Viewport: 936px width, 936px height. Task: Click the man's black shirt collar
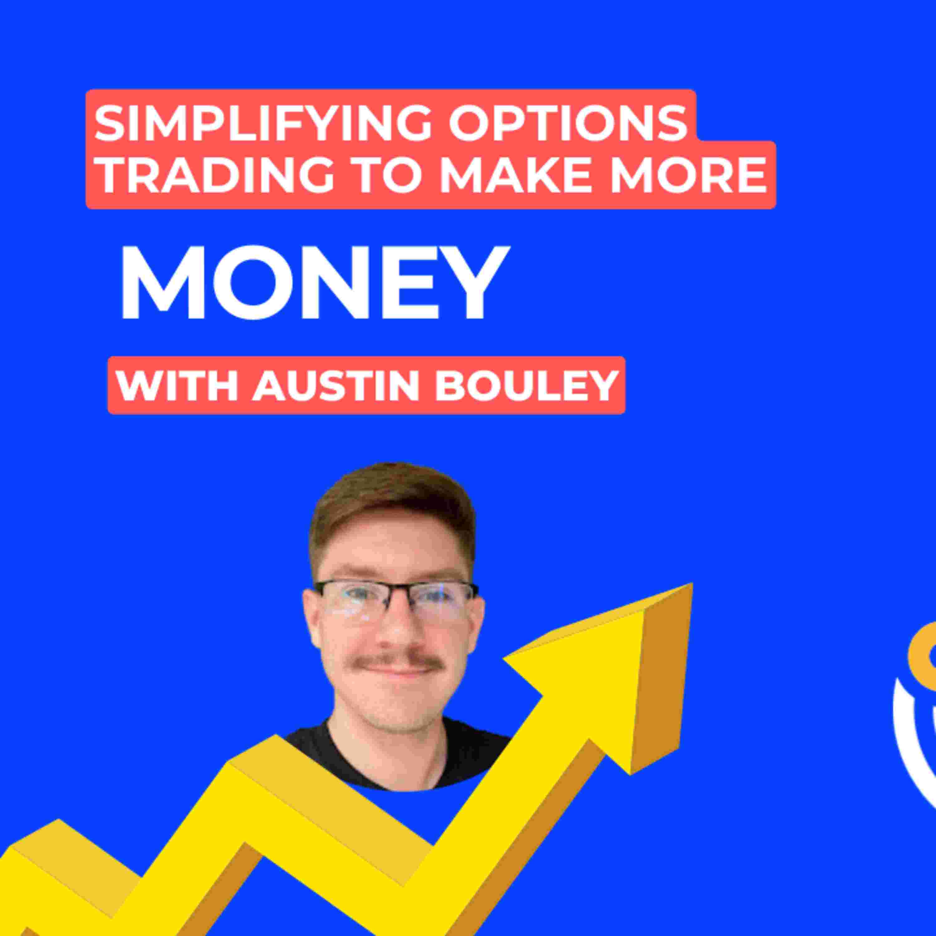tap(397, 756)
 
